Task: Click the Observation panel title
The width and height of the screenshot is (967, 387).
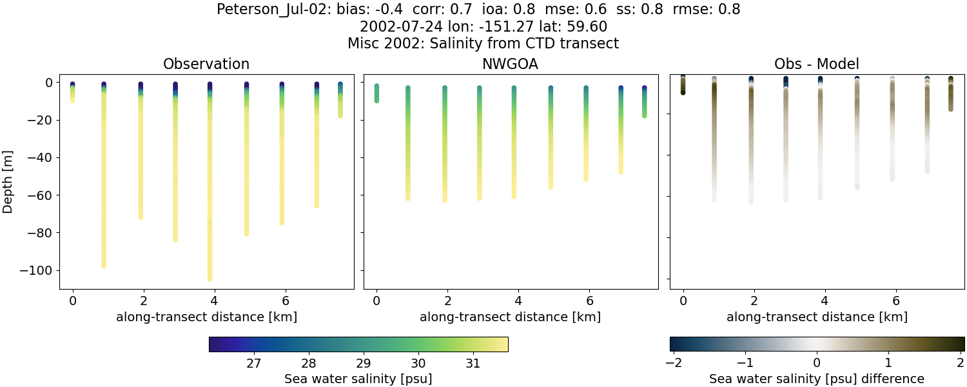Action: click(206, 64)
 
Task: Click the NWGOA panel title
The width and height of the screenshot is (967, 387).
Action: click(511, 64)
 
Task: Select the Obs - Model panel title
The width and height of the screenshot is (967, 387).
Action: click(816, 64)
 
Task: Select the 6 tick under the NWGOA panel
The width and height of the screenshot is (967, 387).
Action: click(589, 301)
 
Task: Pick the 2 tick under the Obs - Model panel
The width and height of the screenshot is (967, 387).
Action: click(754, 301)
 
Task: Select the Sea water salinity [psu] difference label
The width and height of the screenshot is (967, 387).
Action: click(816, 379)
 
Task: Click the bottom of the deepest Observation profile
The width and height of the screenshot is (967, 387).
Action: click(210, 279)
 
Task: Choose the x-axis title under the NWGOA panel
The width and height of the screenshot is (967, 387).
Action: click(510, 317)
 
